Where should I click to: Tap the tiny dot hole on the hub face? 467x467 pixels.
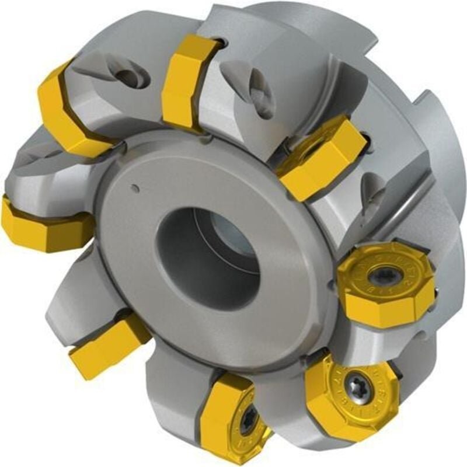(135, 188)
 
